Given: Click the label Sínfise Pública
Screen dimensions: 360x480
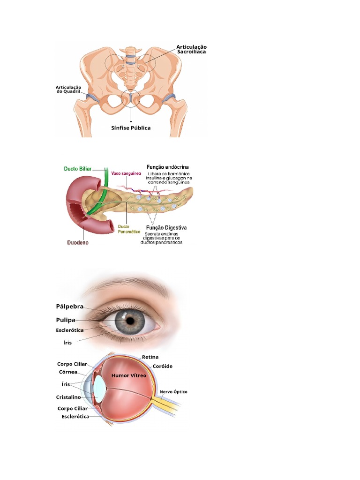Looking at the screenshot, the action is pyautogui.click(x=131, y=128).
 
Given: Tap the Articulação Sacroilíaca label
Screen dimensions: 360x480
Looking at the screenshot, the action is pyautogui.click(x=191, y=49).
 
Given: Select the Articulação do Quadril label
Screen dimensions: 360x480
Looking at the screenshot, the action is pyautogui.click(x=68, y=90).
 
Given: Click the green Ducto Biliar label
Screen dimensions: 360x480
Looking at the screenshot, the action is pyautogui.click(x=77, y=169).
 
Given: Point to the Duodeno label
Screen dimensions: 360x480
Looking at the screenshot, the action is pyautogui.click(x=78, y=243).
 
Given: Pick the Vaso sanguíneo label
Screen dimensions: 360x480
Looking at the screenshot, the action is pyautogui.click(x=126, y=173).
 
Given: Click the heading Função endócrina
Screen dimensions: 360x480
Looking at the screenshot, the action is pyautogui.click(x=167, y=167).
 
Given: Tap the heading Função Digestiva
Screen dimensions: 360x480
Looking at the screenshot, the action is pyautogui.click(x=166, y=228).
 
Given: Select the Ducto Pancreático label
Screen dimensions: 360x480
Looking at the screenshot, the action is pyautogui.click(x=129, y=229).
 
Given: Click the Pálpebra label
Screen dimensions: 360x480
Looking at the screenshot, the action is pyautogui.click(x=70, y=307).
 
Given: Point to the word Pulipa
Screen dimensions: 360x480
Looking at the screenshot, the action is pyautogui.click(x=66, y=320).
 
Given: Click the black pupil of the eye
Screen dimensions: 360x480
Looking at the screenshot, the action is pyautogui.click(x=130, y=321).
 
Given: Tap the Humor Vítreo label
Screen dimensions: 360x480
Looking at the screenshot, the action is pyautogui.click(x=128, y=375).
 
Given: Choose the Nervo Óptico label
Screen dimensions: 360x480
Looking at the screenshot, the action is pyautogui.click(x=173, y=392).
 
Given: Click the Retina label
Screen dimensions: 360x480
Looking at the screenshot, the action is pyautogui.click(x=150, y=357).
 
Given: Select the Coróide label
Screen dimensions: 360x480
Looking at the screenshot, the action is pyautogui.click(x=162, y=366).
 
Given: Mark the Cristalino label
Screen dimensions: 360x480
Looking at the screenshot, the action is pyautogui.click(x=68, y=397).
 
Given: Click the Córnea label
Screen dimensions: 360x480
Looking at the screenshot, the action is pyautogui.click(x=68, y=372).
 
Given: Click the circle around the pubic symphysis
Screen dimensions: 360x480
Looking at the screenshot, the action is pyautogui.click(x=131, y=90).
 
